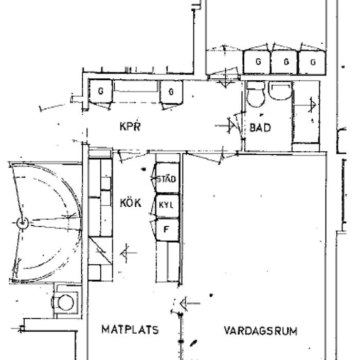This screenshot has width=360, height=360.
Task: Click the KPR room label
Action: tap(130, 127)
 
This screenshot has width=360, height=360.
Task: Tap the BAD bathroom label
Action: tap(260, 128)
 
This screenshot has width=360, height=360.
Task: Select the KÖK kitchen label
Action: tap(131, 203)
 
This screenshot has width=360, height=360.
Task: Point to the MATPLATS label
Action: tap(130, 330)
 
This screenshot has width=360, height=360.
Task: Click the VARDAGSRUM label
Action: tap(261, 331)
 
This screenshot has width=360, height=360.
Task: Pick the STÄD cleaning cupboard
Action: tap(167, 178)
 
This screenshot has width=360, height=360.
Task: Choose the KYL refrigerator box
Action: tap(167, 206)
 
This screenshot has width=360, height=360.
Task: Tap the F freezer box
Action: tap(167, 229)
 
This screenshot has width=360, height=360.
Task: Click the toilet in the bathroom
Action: tap(255, 95)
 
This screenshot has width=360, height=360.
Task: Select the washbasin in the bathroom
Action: tap(280, 91)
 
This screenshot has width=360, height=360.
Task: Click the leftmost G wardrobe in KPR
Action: tap(101, 91)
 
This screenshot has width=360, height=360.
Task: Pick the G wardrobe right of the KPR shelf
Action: tap(171, 92)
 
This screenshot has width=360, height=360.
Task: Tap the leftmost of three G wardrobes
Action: tap(257, 62)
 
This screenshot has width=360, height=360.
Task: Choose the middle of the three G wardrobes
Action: tap(285, 62)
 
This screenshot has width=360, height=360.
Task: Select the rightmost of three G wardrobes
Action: tap(312, 62)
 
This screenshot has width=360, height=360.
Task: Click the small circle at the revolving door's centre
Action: tap(23, 223)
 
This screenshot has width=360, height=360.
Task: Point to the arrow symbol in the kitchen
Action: tap(128, 253)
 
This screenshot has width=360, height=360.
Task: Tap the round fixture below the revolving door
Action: tap(65, 302)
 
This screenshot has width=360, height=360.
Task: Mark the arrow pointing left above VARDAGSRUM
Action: tap(190, 303)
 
